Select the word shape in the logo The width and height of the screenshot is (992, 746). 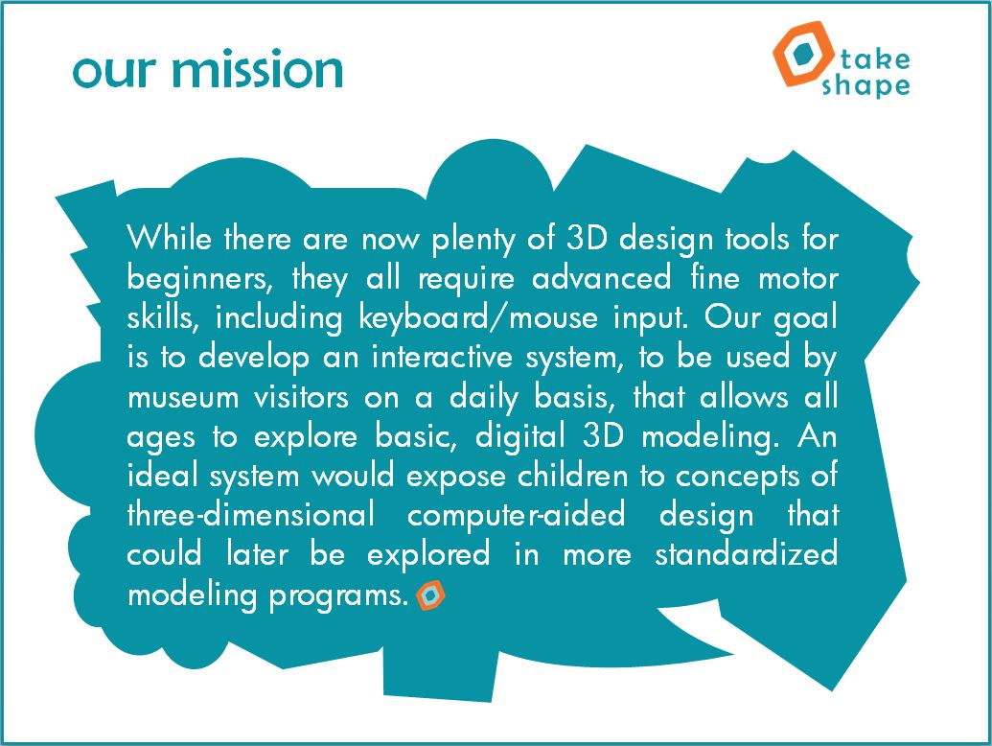pyautogui.click(x=865, y=85)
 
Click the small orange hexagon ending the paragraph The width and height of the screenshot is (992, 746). pyautogui.click(x=430, y=594)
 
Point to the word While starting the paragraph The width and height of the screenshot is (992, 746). pyautogui.click(x=169, y=238)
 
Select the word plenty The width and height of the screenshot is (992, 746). pyautogui.click(x=473, y=240)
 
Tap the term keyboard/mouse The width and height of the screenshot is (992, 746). pyautogui.click(x=478, y=317)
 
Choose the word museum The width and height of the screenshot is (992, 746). pyautogui.click(x=183, y=398)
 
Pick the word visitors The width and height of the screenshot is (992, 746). pyautogui.click(x=301, y=397)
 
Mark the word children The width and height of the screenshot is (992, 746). pyautogui.click(x=572, y=476)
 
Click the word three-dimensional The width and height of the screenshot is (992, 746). pyautogui.click(x=250, y=514)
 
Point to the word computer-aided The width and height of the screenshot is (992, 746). pyautogui.click(x=517, y=516)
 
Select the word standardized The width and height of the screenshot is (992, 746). pyautogui.click(x=747, y=554)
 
